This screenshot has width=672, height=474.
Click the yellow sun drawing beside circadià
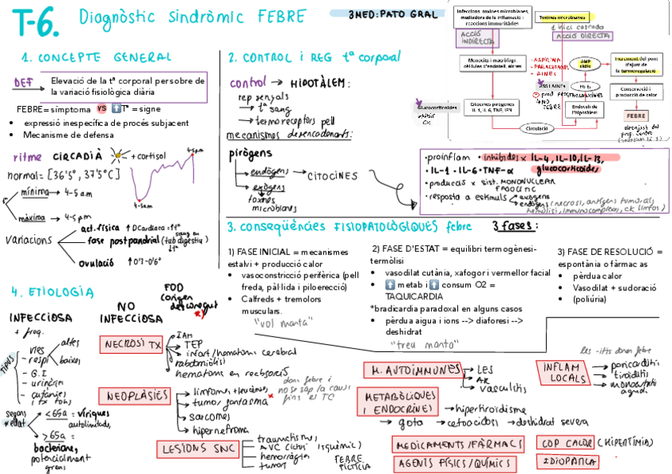click(x=120, y=156)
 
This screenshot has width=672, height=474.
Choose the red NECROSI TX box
click(x=131, y=345)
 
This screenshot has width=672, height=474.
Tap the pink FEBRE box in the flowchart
click(x=636, y=116)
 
